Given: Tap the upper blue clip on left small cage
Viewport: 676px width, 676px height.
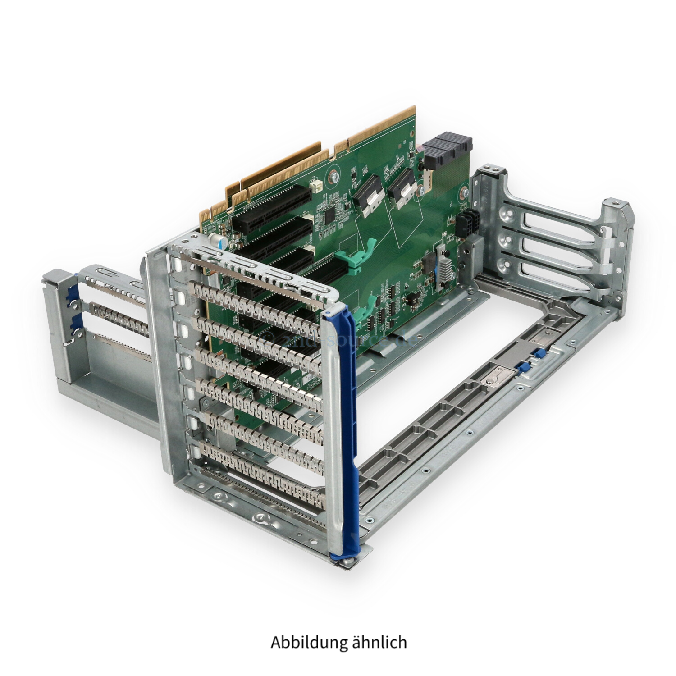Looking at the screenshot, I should (68, 293).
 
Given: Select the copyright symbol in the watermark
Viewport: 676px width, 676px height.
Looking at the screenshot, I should (267, 337).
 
